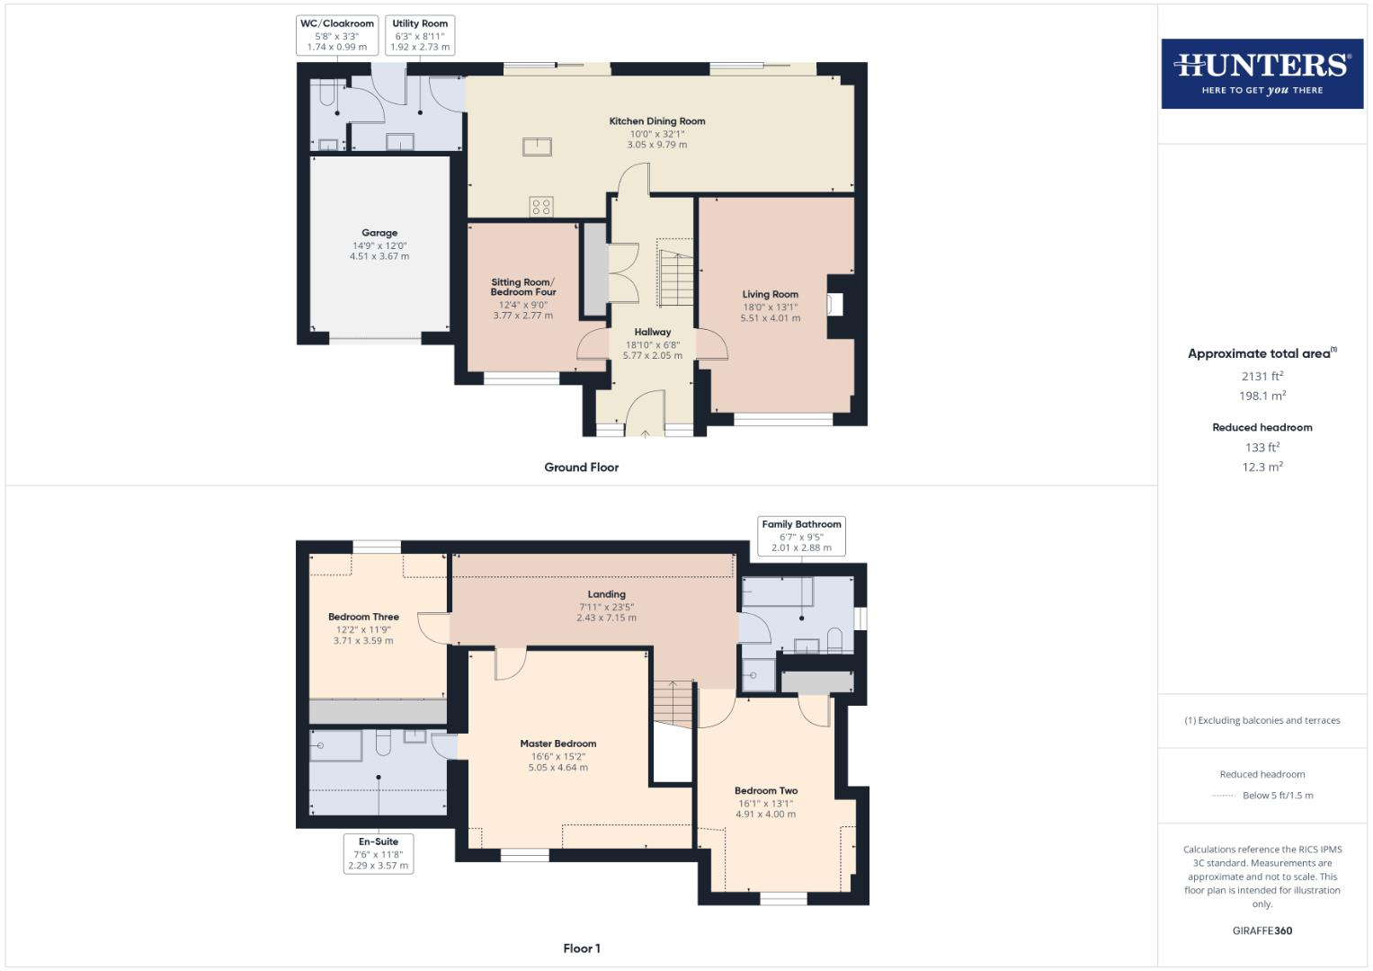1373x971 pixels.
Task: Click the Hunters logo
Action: pos(1262,74)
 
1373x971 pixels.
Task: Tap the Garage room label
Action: pos(379,233)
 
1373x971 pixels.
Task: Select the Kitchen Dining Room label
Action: pos(657,121)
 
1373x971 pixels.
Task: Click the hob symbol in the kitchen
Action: pos(541,207)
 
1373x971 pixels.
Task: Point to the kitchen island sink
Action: pos(537,147)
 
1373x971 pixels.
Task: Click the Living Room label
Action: pos(770,294)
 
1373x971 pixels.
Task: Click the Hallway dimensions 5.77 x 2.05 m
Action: pos(652,356)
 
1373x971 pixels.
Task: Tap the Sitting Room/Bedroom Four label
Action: pos(523,287)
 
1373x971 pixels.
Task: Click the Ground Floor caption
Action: pos(581,468)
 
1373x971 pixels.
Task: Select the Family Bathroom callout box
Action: pos(801,536)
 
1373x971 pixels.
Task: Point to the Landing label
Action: pos(607,594)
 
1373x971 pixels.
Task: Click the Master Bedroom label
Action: pos(557,744)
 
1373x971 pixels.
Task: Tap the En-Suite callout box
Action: pos(379,853)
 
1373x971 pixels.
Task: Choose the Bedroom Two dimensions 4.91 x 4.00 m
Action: pos(766,815)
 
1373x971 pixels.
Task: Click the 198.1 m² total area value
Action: pos(1262,396)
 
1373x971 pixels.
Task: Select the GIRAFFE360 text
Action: pos(1262,931)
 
